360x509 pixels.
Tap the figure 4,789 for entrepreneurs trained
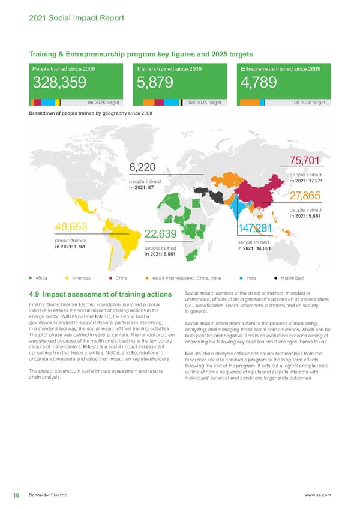click(x=258, y=82)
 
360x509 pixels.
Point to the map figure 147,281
click(x=255, y=229)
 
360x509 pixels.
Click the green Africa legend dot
click(x=30, y=278)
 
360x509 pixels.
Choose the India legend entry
click(x=251, y=278)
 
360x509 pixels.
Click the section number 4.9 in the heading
click(x=34, y=294)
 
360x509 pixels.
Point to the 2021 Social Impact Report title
click(x=76, y=18)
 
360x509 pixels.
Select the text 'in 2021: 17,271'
click(x=307, y=181)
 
